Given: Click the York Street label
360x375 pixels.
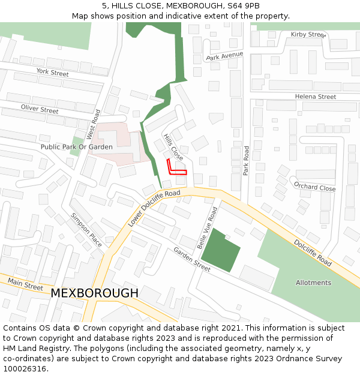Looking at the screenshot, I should [53, 73].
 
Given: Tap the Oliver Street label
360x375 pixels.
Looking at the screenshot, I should [40, 109].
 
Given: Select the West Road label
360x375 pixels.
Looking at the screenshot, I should [92, 124].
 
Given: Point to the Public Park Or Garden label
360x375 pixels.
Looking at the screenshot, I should [76, 146].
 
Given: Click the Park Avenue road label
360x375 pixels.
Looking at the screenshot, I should [224, 56].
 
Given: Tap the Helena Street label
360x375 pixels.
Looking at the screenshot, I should [315, 97].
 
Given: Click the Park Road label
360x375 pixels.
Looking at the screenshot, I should [245, 160].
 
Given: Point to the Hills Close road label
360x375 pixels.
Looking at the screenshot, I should [174, 146].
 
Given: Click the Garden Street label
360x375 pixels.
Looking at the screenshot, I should [192, 259].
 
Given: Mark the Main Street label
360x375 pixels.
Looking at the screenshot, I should [25, 284].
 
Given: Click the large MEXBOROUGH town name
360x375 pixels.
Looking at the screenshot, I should [94, 293].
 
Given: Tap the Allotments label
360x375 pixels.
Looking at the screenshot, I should [313, 283].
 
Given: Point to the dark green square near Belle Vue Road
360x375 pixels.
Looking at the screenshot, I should [220, 250].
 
